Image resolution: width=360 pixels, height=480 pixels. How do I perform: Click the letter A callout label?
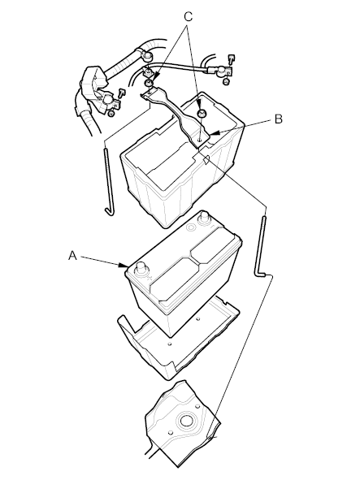[x=72, y=255]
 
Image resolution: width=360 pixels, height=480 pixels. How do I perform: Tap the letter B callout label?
[x=278, y=119]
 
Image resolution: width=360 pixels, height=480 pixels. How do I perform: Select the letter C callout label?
[x=188, y=16]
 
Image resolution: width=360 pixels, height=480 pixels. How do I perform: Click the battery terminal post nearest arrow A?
[x=141, y=269]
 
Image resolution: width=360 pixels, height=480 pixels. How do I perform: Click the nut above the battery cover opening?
[x=202, y=113]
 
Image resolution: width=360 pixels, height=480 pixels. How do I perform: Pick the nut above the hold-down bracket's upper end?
[x=148, y=83]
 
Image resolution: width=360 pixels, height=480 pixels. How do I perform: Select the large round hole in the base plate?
[x=186, y=421]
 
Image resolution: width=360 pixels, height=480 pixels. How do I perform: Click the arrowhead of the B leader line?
[x=215, y=133]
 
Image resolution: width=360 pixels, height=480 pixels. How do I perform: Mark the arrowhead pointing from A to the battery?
[x=124, y=265]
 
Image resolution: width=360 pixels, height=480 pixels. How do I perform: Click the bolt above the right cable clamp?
[x=232, y=58]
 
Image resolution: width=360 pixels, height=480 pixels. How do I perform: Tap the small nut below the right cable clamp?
[x=226, y=81]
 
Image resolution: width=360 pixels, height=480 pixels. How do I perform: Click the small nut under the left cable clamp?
[x=111, y=114]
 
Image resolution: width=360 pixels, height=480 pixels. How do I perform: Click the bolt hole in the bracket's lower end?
[x=199, y=140]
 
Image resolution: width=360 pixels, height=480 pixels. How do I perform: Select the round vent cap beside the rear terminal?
[x=192, y=227]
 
